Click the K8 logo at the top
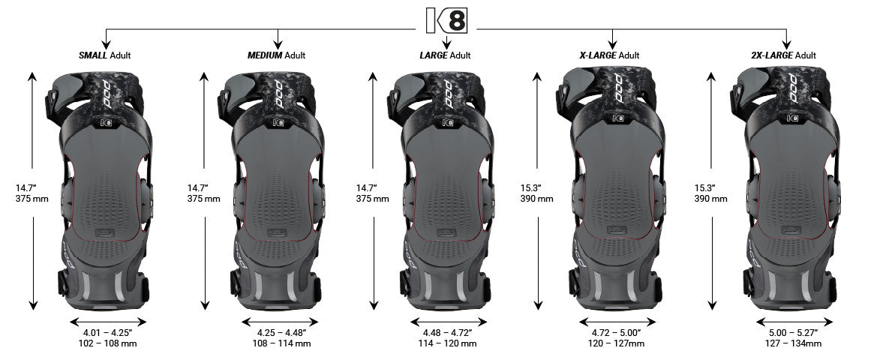tap(446, 19)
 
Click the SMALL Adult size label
tap(107, 55)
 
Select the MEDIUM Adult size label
tap(277, 55)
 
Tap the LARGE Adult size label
tap(445, 55)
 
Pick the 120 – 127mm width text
tap(614, 343)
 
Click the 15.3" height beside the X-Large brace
tap(530, 187)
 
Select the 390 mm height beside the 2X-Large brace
tap(710, 199)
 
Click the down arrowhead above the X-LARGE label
tap(613, 43)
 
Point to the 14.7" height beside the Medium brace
tap(197, 187)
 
